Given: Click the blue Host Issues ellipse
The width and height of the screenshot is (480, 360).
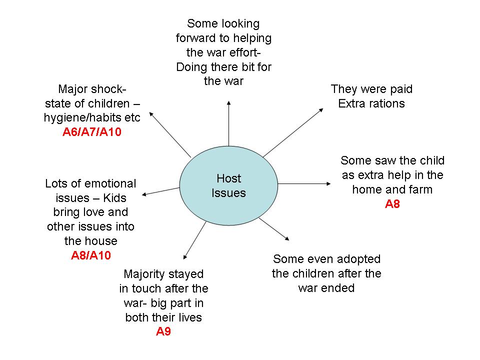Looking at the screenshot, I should (228, 185).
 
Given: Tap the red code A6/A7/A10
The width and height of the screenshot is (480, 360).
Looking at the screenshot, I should (92, 132).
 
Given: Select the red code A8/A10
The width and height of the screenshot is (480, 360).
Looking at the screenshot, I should (91, 255).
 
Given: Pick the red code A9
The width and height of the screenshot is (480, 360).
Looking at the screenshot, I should (163, 331).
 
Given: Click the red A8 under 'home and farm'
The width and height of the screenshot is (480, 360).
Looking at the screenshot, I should (392, 204).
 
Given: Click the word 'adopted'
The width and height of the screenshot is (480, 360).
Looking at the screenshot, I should (359, 259).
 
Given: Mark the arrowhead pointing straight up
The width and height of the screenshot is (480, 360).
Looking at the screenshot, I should (228, 102).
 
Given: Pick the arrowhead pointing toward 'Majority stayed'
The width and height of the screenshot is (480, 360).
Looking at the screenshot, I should (186, 255).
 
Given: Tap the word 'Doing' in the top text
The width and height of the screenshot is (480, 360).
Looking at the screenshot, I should (191, 67).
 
